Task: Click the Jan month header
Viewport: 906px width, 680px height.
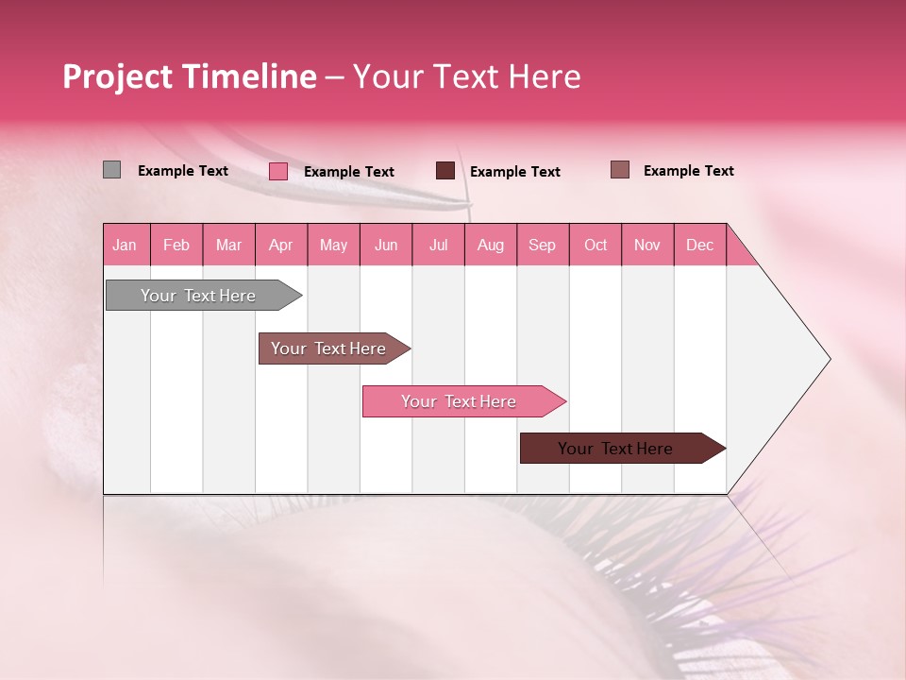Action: coord(125,245)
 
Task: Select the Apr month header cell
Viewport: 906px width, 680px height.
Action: coord(281,245)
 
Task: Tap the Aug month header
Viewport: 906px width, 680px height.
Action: coord(490,245)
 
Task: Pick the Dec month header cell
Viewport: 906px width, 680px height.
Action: coord(699,245)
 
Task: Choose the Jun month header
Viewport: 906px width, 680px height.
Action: coord(386,245)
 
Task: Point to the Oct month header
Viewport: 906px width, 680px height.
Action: coord(596,245)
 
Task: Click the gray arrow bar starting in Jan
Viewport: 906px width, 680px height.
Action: coord(198,296)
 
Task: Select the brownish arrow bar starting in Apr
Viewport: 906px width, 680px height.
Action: coord(329,348)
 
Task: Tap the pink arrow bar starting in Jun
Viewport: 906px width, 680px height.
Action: coord(459,401)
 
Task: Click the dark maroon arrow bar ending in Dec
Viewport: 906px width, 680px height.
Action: coord(616,449)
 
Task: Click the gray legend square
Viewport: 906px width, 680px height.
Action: coord(111,170)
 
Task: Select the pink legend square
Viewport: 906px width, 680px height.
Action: coord(278,171)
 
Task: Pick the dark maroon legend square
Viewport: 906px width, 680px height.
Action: coord(445,171)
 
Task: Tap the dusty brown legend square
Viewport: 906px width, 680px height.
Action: coord(619,170)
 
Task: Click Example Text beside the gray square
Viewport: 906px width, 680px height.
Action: coord(183,171)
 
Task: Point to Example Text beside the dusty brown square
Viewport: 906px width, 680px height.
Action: coord(689,171)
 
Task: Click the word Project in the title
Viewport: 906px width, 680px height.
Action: coord(118,77)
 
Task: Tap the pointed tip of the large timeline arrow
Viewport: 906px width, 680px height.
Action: coord(828,359)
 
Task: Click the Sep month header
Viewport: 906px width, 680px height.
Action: coord(542,245)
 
